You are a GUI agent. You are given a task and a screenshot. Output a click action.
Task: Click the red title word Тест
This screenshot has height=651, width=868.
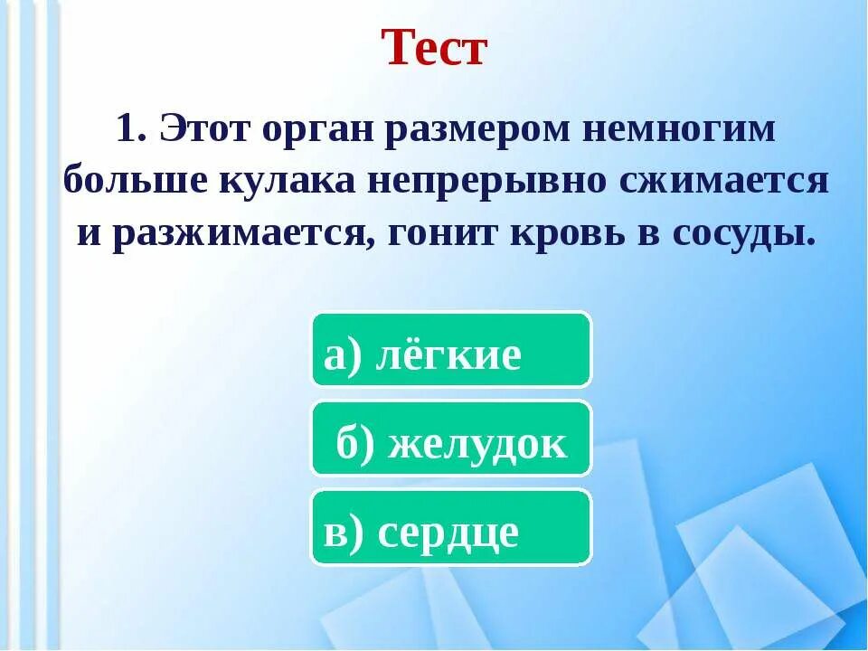(x=434, y=48)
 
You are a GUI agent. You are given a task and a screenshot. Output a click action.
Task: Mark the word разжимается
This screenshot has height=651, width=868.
(x=241, y=234)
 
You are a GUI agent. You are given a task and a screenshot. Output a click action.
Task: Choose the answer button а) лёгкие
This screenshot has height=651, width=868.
(x=451, y=351)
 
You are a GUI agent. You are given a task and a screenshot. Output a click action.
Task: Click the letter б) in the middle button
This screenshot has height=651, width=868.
(x=354, y=444)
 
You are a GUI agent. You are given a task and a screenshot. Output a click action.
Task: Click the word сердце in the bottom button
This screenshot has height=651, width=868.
(x=448, y=533)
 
